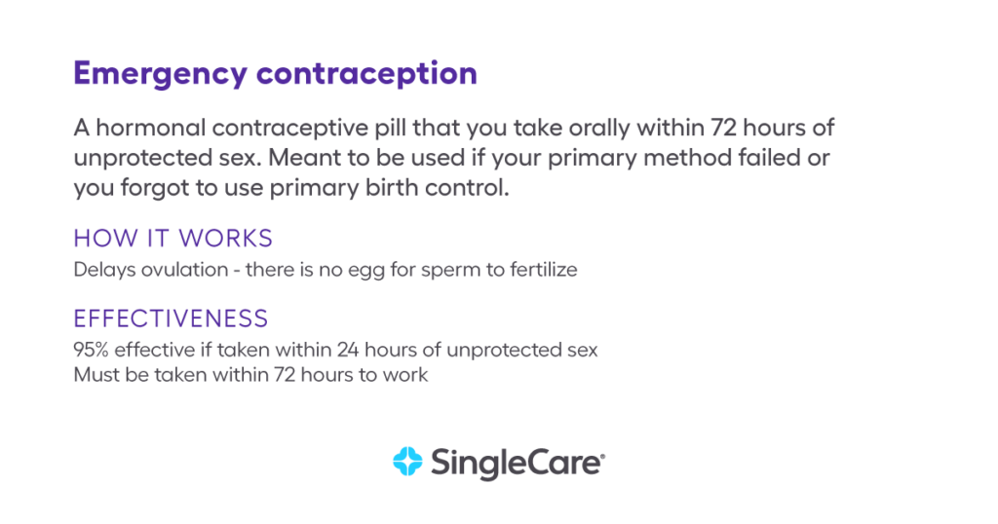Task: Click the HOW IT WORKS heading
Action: pos(173,239)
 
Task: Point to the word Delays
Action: pos(101,270)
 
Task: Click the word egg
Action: pos(368,271)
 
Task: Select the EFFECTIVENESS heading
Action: pos(171,318)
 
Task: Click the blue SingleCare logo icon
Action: pos(405,461)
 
